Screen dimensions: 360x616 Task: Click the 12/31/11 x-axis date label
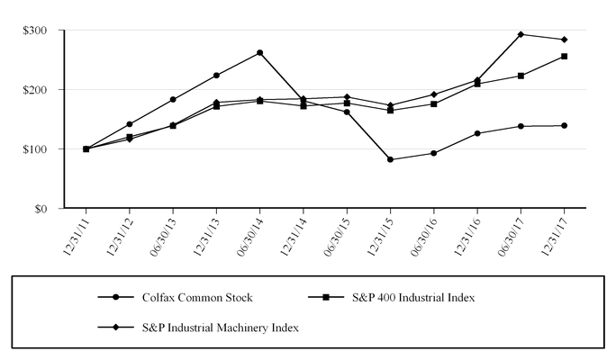click(75, 237)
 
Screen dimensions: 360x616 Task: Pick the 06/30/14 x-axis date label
click(249, 237)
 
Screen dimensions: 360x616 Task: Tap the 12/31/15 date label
click(379, 237)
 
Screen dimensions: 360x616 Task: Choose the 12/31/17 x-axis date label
click(553, 237)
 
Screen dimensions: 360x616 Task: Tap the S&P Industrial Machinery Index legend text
click(220, 328)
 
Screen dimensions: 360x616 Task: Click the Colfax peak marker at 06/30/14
click(260, 52)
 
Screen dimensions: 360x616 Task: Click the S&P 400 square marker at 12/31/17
click(565, 56)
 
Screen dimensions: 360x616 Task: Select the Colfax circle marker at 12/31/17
click(565, 125)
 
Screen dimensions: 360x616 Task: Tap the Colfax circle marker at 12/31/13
click(216, 75)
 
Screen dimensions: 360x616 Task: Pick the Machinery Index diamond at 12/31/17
click(565, 40)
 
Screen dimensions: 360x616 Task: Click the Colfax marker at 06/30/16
click(434, 153)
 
